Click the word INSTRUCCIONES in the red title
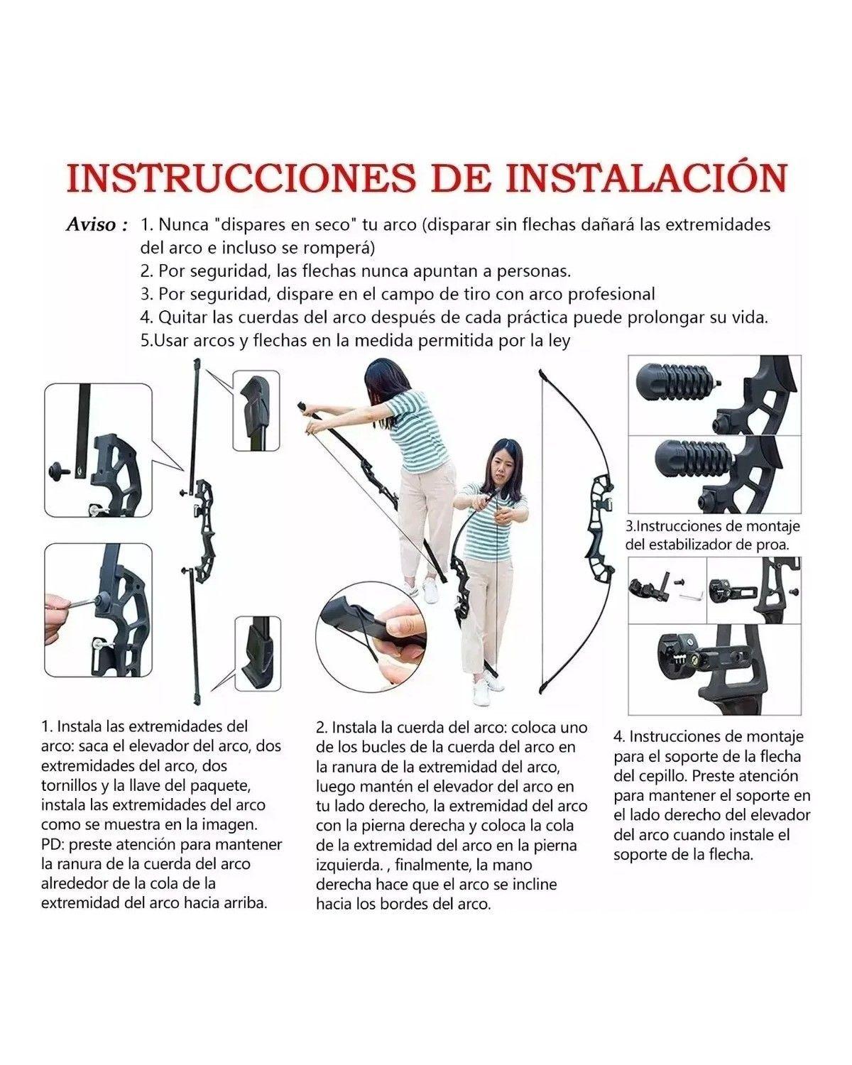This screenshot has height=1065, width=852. pyautogui.click(x=241, y=177)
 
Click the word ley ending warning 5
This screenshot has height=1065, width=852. pyautogui.click(x=559, y=341)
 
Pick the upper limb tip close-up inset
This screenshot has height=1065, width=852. pyautogui.click(x=256, y=410)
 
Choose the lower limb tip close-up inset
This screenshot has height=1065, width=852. pyautogui.click(x=258, y=653)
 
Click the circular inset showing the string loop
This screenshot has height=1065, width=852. pyautogui.click(x=371, y=635)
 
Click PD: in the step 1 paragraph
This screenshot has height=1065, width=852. pyautogui.click(x=52, y=844)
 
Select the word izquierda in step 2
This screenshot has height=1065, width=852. pyautogui.click(x=349, y=865)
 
